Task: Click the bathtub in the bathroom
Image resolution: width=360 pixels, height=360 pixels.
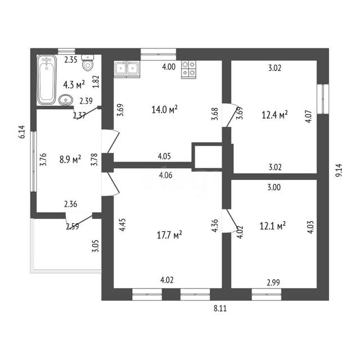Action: point(47,80)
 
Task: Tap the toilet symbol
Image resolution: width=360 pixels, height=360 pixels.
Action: point(88,62)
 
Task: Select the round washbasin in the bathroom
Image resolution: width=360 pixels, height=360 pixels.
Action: point(66,100)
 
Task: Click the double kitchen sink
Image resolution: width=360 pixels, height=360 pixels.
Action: point(127,68)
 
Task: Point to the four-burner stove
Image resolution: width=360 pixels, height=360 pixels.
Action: point(189,69)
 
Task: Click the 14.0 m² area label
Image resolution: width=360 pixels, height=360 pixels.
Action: point(165,110)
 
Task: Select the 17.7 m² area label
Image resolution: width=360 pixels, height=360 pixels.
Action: point(169,235)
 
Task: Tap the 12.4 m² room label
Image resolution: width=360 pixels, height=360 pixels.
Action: point(275,115)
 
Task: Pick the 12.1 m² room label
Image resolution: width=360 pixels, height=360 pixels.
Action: point(272,226)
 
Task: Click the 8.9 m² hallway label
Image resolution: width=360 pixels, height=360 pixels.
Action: point(70,159)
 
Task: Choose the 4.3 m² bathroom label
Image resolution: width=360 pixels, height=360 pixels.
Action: point(74,85)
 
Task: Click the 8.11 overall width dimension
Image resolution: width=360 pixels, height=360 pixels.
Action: point(220,308)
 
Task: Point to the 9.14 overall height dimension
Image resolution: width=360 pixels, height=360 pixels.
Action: point(339,170)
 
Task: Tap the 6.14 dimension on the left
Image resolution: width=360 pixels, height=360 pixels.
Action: point(22,132)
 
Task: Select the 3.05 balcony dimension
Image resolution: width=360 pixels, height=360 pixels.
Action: point(96,246)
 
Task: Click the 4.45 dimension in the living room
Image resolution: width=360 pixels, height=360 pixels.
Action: point(123,224)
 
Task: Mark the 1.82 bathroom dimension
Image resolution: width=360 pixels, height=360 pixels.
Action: point(96,82)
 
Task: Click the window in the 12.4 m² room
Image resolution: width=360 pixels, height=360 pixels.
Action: point(323,99)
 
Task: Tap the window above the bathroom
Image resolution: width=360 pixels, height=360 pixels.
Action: point(66,51)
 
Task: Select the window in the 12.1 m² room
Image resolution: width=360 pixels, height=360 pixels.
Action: point(267,295)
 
